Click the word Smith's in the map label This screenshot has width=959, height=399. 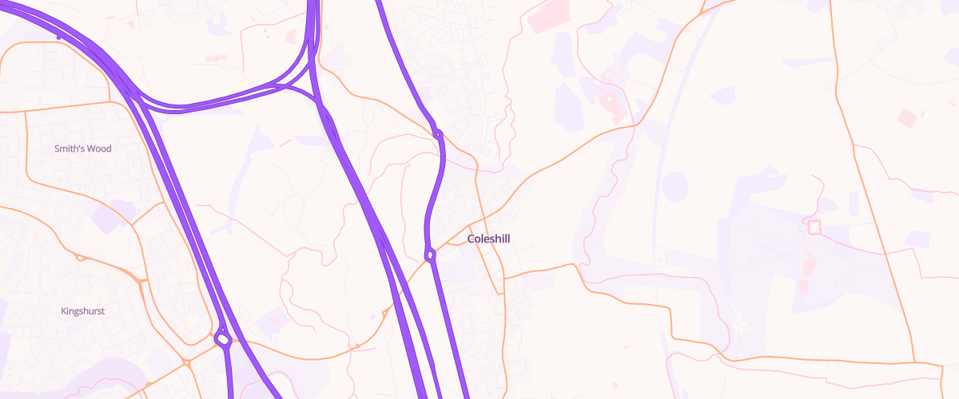[70, 149]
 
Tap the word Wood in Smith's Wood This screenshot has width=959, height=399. [100, 149]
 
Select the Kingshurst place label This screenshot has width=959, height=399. [83, 311]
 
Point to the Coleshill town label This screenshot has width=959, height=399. [488, 239]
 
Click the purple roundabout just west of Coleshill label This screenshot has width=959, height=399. [430, 255]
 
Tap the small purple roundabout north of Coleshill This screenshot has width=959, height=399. [438, 133]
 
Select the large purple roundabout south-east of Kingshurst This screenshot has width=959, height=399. [223, 339]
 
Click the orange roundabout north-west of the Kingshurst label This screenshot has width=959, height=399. [80, 257]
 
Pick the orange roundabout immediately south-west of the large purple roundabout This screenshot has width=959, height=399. [186, 362]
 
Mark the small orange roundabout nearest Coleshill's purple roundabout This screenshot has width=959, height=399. [384, 314]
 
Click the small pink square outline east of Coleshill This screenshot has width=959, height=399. [814, 227]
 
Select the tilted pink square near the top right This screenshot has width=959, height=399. [907, 118]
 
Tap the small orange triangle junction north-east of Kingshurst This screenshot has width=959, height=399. [141, 280]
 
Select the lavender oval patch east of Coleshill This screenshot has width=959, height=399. [674, 185]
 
